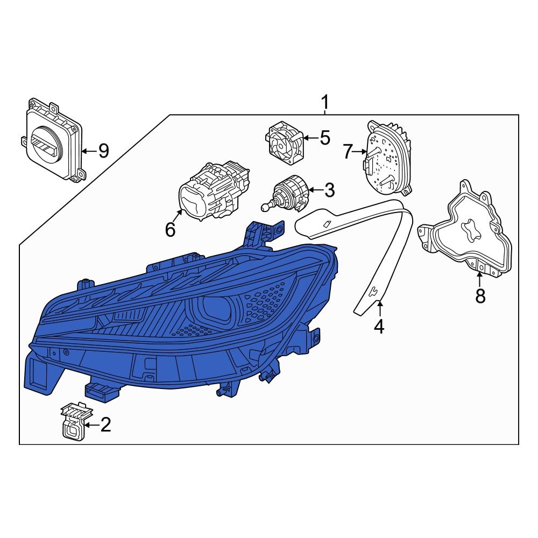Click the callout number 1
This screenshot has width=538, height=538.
click(324, 101)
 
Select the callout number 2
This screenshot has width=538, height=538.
click(105, 425)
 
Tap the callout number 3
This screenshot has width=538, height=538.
click(329, 190)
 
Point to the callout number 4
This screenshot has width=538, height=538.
click(379, 326)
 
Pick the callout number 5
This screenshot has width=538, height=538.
click(324, 138)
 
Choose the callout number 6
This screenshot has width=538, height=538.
click(170, 230)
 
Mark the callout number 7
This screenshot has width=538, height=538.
click(348, 152)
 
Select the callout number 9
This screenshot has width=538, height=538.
click(102, 151)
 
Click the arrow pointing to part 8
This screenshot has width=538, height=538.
click(479, 280)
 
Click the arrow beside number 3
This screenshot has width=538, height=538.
click(315, 190)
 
